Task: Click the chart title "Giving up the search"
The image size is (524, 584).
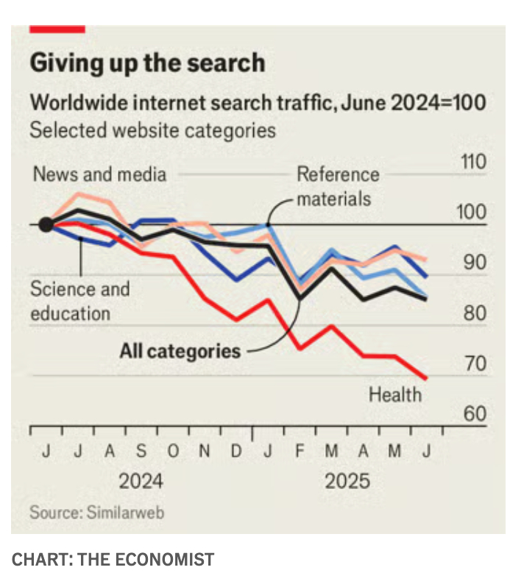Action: click(x=147, y=63)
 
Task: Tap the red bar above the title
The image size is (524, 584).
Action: click(x=57, y=29)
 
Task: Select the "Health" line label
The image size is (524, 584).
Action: click(x=395, y=395)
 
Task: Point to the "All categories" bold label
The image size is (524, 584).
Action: click(x=180, y=351)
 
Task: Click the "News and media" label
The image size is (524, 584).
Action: click(x=100, y=174)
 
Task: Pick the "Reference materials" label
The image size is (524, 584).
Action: click(x=338, y=186)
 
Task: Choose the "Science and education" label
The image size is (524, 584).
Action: click(x=79, y=301)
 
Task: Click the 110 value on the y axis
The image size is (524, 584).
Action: click(x=473, y=162)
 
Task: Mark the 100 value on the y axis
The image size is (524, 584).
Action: click(x=473, y=213)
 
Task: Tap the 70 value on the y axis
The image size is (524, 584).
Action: click(x=475, y=364)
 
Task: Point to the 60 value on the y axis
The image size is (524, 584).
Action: click(x=475, y=414)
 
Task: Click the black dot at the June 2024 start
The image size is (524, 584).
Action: click(x=46, y=224)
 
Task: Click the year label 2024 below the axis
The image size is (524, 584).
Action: click(x=141, y=482)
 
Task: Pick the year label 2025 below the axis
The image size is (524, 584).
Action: click(x=347, y=482)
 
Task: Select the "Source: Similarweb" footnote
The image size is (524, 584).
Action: click(x=96, y=512)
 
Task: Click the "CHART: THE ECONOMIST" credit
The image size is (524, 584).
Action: click(x=113, y=560)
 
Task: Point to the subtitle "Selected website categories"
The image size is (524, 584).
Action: click(x=152, y=131)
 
